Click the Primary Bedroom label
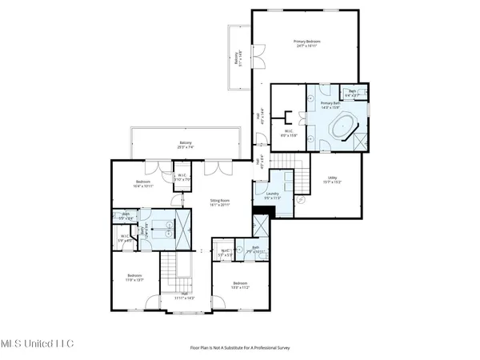tap(308, 43)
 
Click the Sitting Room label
tap(220, 203)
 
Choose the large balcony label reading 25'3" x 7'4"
tap(185, 146)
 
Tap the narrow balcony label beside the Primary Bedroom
tap(237, 58)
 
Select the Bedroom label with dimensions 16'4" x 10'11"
tap(144, 184)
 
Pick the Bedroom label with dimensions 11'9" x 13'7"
tap(134, 278)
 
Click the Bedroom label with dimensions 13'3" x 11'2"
tap(240, 286)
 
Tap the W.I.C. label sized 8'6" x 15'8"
tap(289, 134)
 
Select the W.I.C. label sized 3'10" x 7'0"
tap(183, 178)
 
